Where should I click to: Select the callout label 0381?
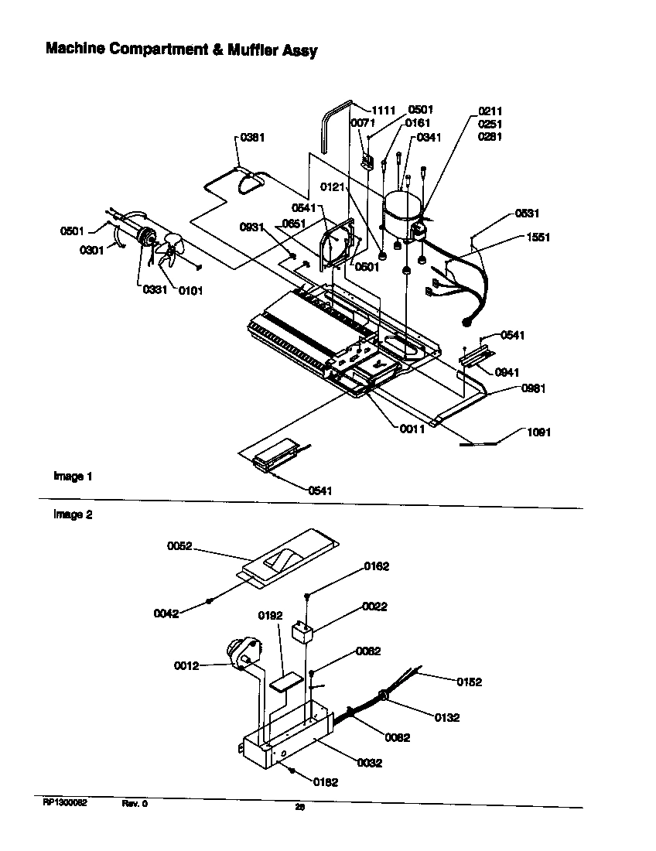(x=252, y=138)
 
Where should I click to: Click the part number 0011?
(x=412, y=429)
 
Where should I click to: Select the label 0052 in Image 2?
(x=179, y=546)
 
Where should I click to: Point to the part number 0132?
(x=447, y=718)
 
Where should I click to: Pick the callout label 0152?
(x=469, y=682)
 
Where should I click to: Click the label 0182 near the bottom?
(x=326, y=782)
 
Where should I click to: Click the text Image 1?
(x=73, y=477)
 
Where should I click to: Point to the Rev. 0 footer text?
(x=135, y=803)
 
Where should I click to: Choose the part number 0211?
(x=490, y=111)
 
